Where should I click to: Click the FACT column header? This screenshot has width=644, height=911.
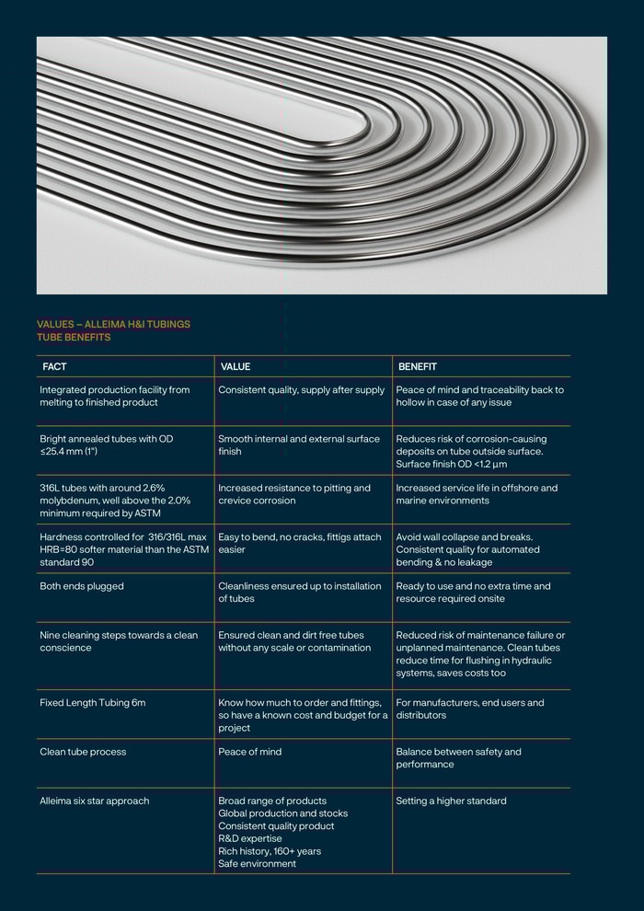point(54,366)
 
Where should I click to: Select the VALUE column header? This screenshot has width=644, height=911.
point(236,366)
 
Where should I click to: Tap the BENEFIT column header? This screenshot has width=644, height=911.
point(418,366)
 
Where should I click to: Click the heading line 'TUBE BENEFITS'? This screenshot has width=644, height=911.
point(74,337)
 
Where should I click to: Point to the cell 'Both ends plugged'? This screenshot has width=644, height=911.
point(82,586)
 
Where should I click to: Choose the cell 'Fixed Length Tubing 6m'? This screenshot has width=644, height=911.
point(93,703)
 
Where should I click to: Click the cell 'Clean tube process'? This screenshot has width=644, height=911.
point(83,752)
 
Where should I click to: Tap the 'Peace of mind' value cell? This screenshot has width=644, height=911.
point(249,752)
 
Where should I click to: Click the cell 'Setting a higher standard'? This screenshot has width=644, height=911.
point(451,801)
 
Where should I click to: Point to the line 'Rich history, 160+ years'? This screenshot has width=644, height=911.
point(270,851)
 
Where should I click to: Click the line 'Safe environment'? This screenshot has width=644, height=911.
point(257,863)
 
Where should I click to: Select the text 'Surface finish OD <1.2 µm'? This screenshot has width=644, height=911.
point(452,464)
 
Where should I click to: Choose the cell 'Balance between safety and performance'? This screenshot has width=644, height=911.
point(458,758)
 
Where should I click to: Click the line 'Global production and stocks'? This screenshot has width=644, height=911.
point(282,813)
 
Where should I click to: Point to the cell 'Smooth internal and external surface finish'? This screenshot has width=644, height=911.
point(299,445)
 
